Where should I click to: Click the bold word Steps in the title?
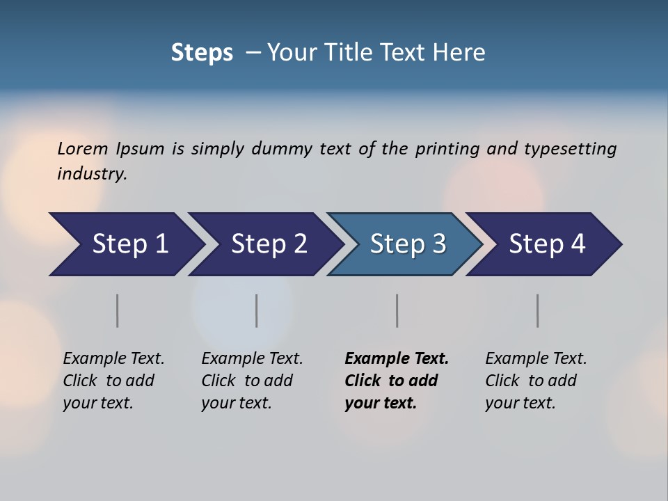pos(202,53)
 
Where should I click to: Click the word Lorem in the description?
pos(83,148)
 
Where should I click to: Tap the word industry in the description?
pos(92,173)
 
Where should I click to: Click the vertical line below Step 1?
pos(118,310)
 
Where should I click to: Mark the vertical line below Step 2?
pos(257,310)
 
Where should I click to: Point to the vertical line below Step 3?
pos(397,310)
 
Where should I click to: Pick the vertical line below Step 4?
pos(537,310)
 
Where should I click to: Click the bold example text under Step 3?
pos(396,381)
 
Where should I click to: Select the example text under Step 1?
pos(113,381)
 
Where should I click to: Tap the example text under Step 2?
pos(252,381)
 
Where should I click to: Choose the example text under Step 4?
pos(535,381)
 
